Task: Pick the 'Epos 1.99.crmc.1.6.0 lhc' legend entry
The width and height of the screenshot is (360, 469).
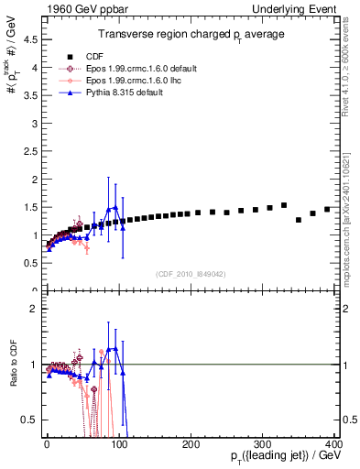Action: pos(134,80)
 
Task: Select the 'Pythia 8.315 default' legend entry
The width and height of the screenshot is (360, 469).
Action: pos(126,93)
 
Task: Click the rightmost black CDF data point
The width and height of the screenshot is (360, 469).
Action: pos(327,209)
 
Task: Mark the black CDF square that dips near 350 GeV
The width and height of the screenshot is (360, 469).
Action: pos(299,220)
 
